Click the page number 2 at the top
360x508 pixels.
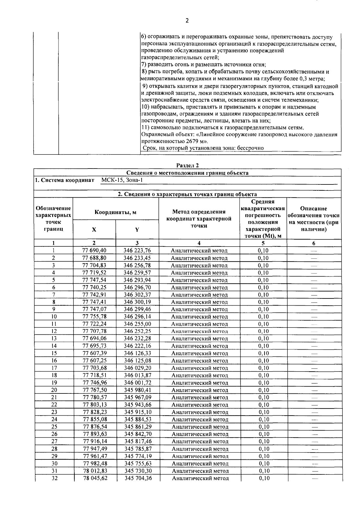click(187, 21)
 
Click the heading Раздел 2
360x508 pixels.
click(187, 165)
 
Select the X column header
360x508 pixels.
click(94, 230)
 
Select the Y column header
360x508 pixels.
click(137, 230)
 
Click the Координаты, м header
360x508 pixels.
click(115, 212)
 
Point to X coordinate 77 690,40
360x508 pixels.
click(94, 250)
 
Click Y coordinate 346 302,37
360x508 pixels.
click(137, 294)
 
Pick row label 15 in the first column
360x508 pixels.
click(54, 353)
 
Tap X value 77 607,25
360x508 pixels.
click(94, 360)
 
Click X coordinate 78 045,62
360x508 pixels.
click(95, 478)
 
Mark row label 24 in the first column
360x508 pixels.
click(54, 419)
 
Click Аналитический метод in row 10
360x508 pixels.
click(199, 317)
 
